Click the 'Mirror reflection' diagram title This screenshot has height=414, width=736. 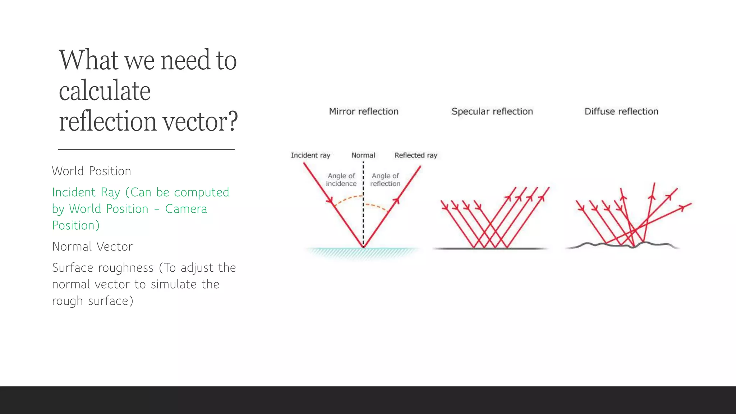click(364, 111)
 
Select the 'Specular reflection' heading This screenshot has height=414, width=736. click(492, 111)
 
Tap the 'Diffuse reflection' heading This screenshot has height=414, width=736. click(621, 111)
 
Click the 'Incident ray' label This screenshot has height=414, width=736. click(310, 155)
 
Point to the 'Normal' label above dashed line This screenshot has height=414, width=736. click(363, 155)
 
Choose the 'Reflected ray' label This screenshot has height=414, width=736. click(416, 155)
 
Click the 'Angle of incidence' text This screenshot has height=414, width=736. click(341, 180)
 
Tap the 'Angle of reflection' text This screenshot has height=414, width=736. click(385, 180)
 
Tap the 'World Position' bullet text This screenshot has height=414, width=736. click(92, 171)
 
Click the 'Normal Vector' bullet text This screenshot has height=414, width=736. click(92, 247)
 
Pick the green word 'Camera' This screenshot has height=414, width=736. click(186, 209)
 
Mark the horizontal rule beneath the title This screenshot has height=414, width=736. click(146, 149)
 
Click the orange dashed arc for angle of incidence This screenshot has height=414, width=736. click(347, 198)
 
